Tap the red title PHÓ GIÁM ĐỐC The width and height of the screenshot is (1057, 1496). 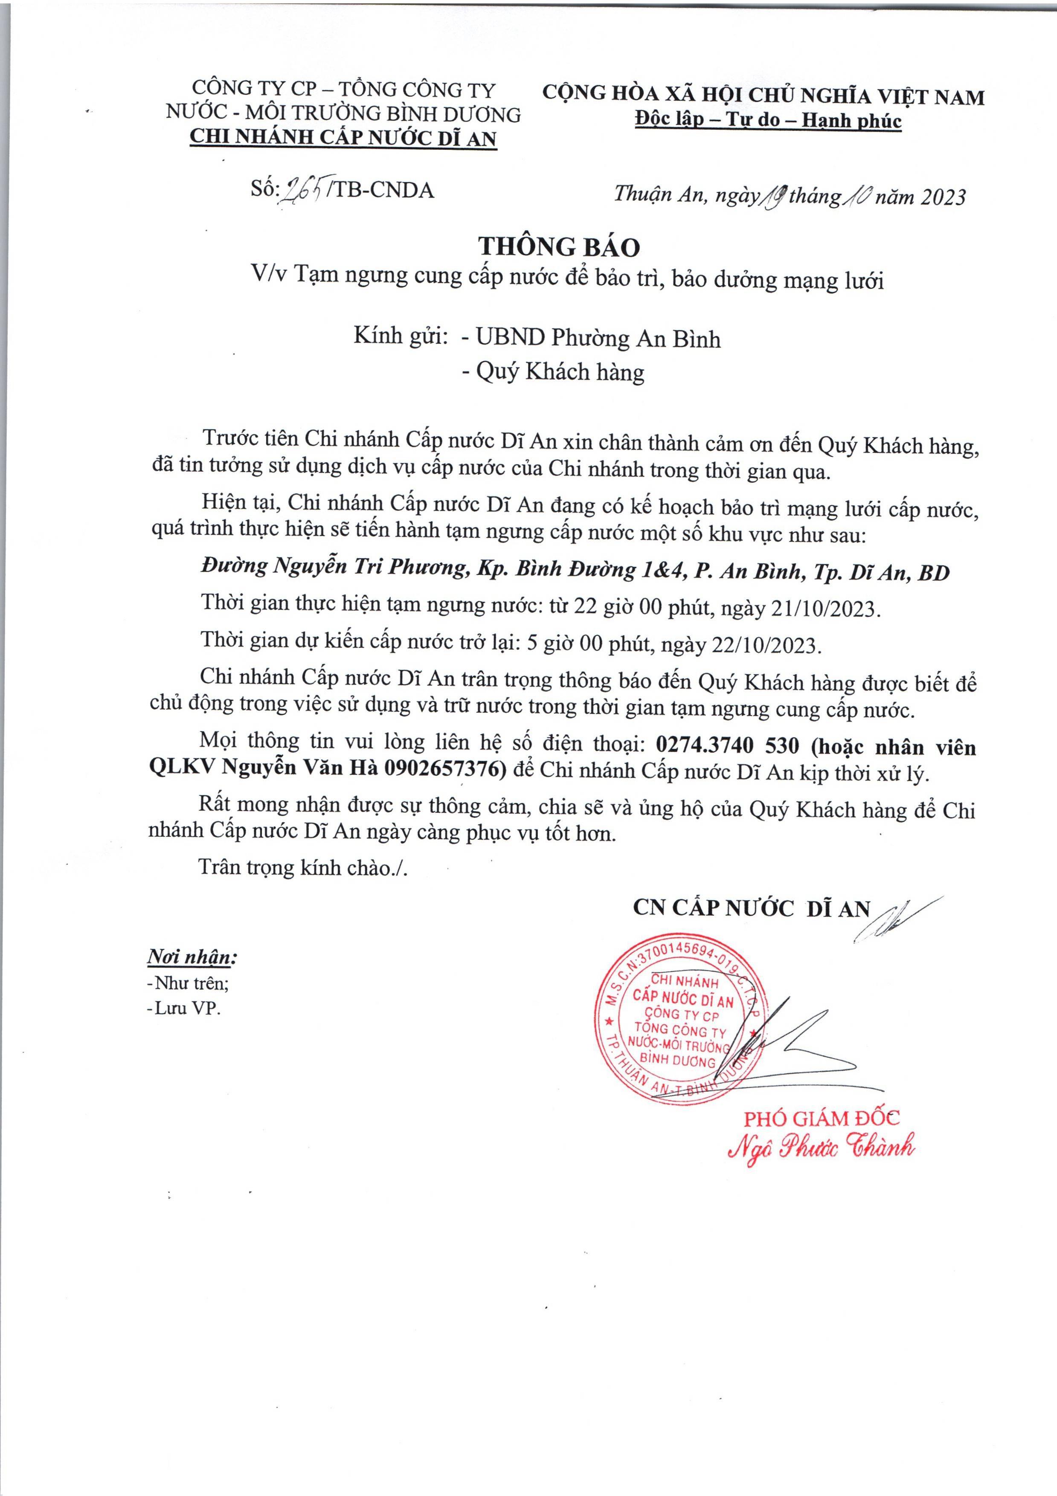(x=822, y=1119)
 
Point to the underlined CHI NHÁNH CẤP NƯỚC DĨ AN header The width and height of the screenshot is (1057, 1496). (x=343, y=138)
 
